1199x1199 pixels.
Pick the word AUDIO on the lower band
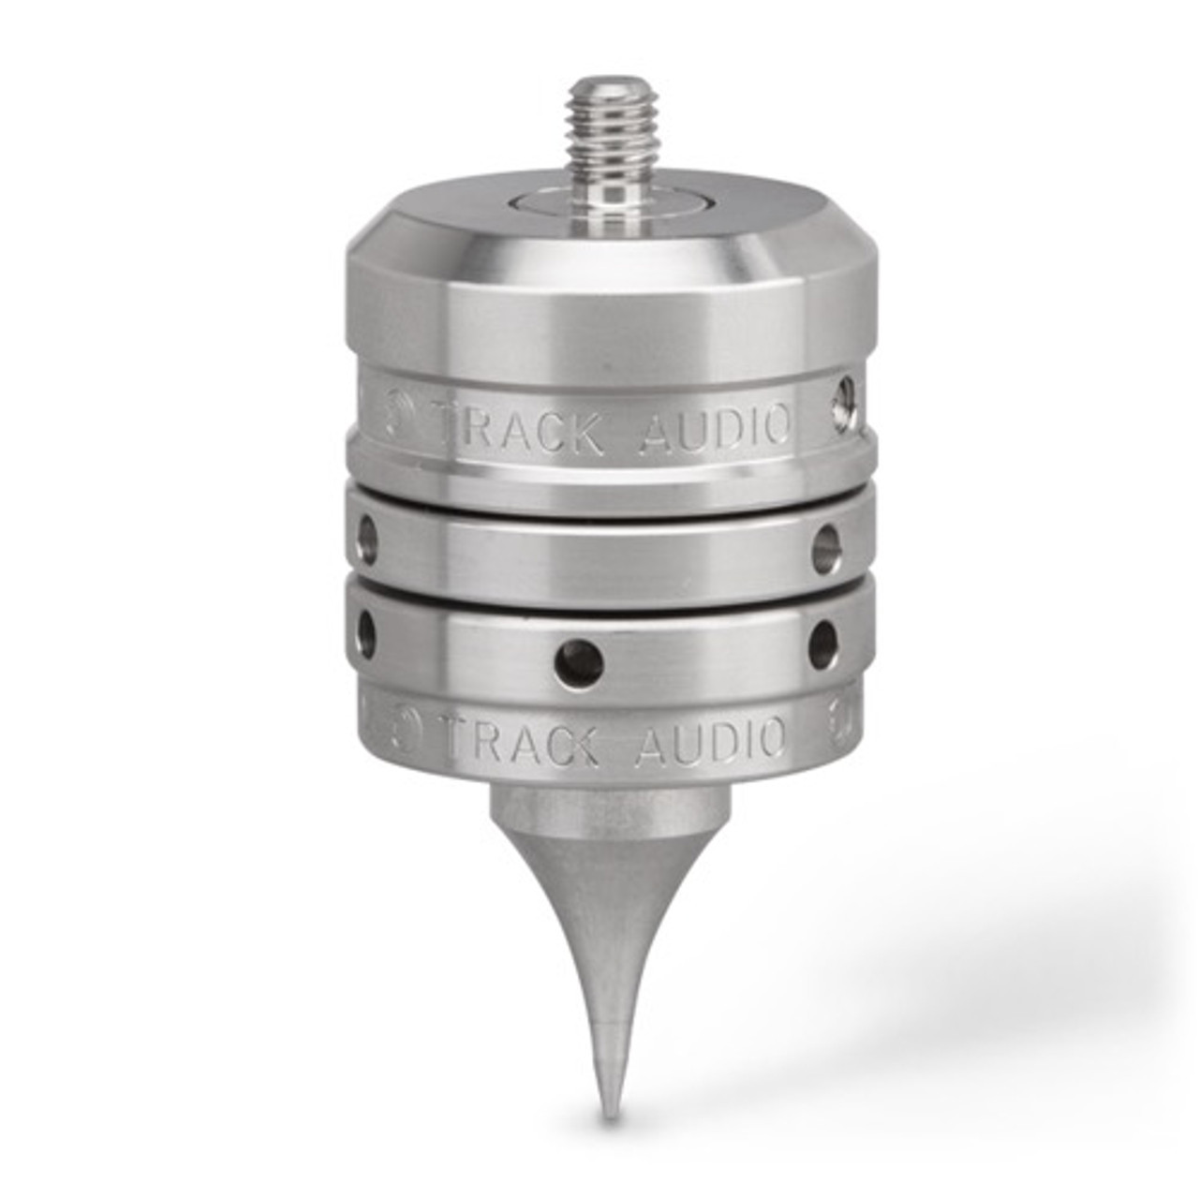pos(711,738)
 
